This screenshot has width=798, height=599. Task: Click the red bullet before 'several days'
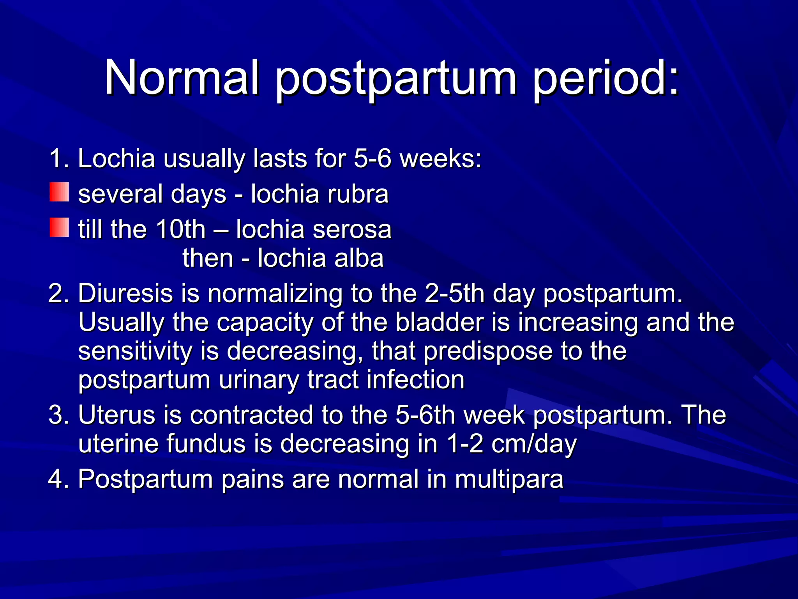pos(59,192)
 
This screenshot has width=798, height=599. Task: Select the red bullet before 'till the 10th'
pos(59,228)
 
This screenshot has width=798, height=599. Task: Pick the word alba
pos(359,258)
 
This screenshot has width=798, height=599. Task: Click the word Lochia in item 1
pos(117,159)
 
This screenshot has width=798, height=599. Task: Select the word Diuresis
pos(125,293)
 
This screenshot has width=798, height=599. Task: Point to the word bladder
pos(440,322)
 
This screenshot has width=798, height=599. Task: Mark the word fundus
pos(206,444)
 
